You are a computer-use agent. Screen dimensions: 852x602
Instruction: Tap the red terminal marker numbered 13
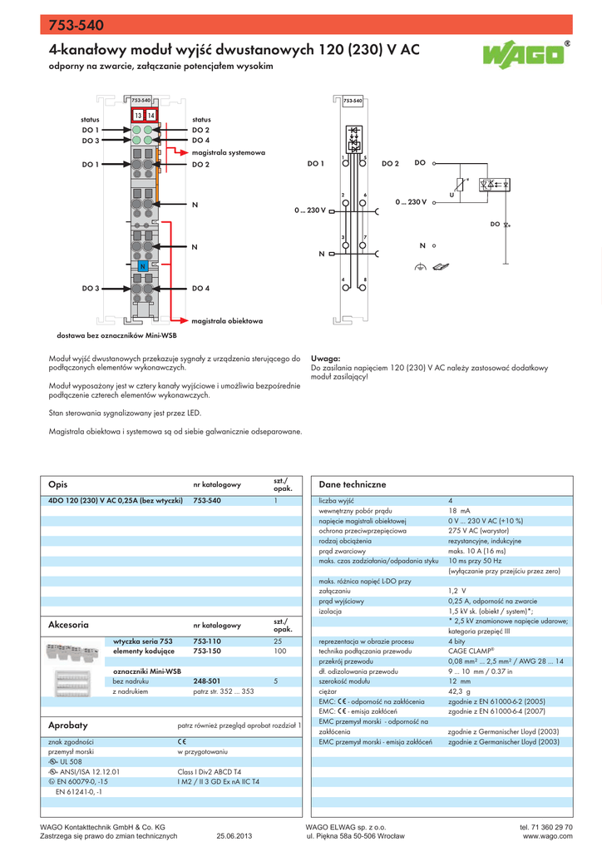click(x=137, y=115)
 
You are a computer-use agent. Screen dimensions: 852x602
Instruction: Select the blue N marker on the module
click(x=143, y=266)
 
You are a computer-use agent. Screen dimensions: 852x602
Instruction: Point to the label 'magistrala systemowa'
click(x=228, y=153)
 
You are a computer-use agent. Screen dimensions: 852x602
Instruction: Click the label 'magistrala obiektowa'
click(x=227, y=320)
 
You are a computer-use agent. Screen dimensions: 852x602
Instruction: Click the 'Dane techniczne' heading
click(x=353, y=484)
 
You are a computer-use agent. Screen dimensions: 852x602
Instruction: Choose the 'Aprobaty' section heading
click(x=68, y=726)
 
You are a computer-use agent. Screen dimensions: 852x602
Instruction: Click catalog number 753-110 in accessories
click(x=207, y=641)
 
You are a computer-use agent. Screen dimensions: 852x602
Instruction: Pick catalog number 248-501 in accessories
click(x=207, y=681)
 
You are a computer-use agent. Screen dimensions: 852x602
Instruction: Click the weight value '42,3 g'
click(x=459, y=691)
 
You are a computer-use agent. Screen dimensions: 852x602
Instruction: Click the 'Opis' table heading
click(x=57, y=484)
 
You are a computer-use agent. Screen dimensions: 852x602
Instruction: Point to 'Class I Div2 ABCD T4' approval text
click(x=210, y=772)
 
